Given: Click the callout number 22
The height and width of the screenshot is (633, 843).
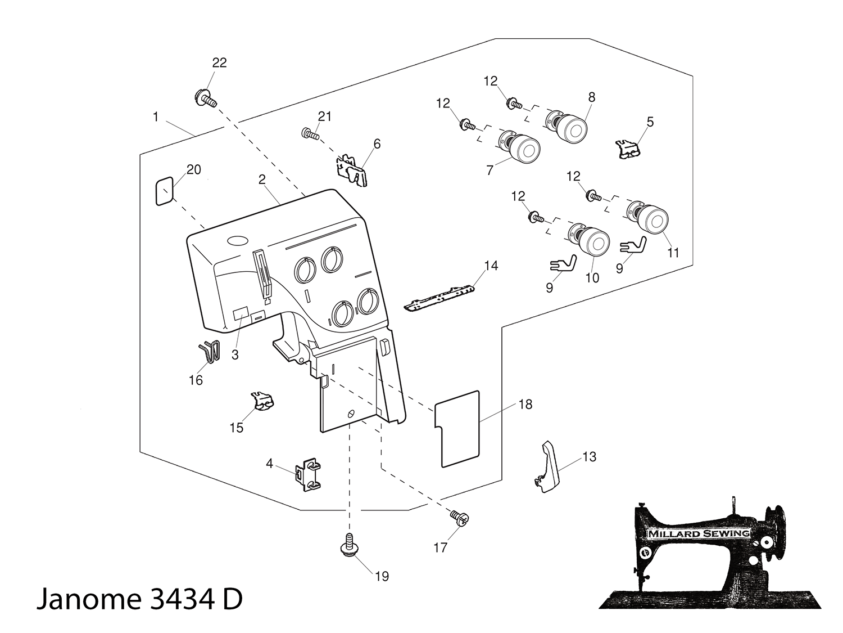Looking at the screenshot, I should pos(219,63).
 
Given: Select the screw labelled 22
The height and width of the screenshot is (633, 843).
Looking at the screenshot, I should pos(205,98).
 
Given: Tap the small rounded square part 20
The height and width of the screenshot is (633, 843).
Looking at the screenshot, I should pos(164,191).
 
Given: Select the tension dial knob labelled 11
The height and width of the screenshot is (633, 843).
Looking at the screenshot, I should pos(650,217).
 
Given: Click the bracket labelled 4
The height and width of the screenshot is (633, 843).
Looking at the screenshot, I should pos(307,475).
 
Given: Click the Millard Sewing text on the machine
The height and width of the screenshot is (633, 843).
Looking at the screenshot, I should pos(699,533).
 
